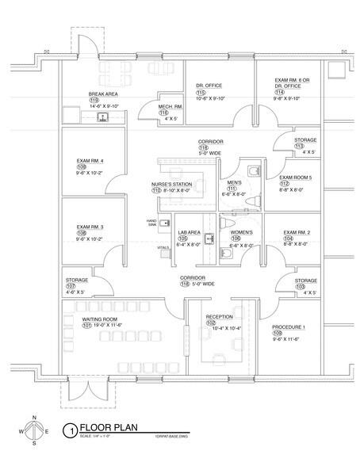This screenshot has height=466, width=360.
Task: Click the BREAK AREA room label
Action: pos(103,94)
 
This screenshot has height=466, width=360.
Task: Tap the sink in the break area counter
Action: pos(101,117)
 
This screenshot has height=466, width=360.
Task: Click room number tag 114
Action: pos(279,92)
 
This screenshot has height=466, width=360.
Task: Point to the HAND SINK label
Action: pos(151,223)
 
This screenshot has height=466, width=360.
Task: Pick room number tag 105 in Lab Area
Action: pos(182,238)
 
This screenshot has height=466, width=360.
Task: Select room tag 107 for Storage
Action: pos(70,286)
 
